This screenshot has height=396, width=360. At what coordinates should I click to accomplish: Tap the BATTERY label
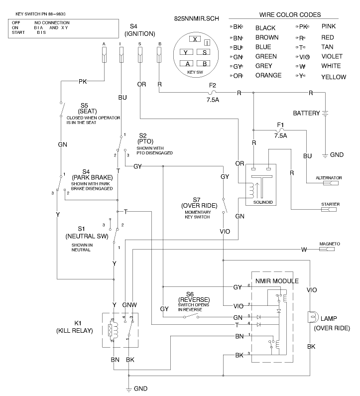pyautogui.click(x=306, y=113)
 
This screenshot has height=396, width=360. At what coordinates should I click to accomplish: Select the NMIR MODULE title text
pyautogui.click(x=276, y=281)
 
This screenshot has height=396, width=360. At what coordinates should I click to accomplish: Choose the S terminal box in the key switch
pyautogui.click(x=204, y=52)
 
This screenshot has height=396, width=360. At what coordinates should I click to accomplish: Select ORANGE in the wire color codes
pyautogui.click(x=268, y=75)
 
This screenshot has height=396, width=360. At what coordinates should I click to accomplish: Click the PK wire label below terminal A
pyautogui.click(x=83, y=80)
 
